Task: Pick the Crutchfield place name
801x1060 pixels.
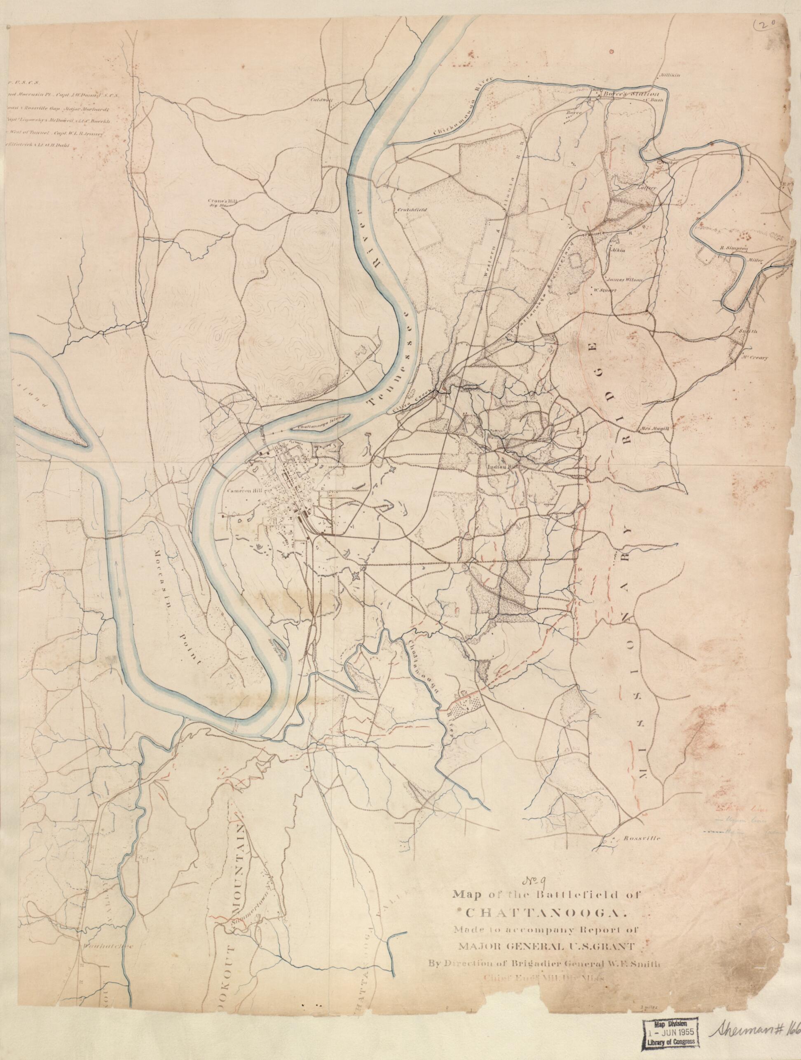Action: (408, 210)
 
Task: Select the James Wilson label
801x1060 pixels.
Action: (624, 279)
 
